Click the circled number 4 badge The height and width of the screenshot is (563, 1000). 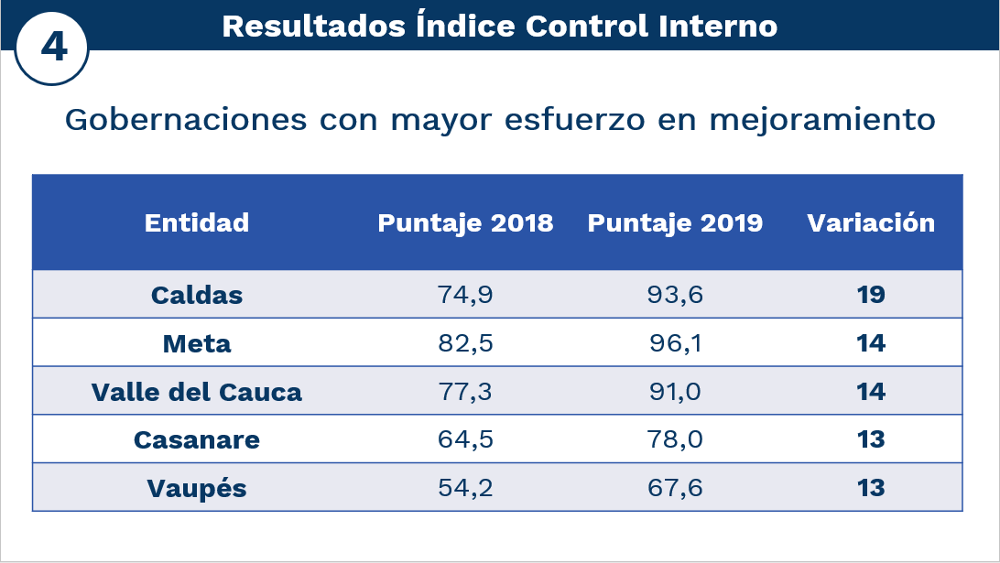(52, 47)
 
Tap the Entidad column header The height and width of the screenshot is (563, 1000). (197, 222)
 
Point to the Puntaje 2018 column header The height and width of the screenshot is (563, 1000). (465, 222)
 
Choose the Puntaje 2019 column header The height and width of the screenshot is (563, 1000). (675, 222)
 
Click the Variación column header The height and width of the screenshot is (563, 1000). (871, 222)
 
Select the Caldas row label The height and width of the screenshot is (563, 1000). (197, 295)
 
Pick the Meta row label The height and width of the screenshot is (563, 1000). (197, 343)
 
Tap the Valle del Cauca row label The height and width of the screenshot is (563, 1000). (197, 392)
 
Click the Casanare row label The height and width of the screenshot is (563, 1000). (197, 439)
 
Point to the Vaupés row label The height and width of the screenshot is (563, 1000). (197, 488)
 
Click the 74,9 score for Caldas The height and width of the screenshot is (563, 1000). (466, 295)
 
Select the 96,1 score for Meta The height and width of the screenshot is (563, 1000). (676, 343)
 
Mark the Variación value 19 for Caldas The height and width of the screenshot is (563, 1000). (871, 295)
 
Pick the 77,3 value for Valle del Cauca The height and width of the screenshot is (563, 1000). (466, 392)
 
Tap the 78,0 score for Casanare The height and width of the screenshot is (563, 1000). (676, 439)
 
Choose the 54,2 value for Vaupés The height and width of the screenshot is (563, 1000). (466, 488)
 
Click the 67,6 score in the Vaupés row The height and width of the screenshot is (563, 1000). (676, 488)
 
